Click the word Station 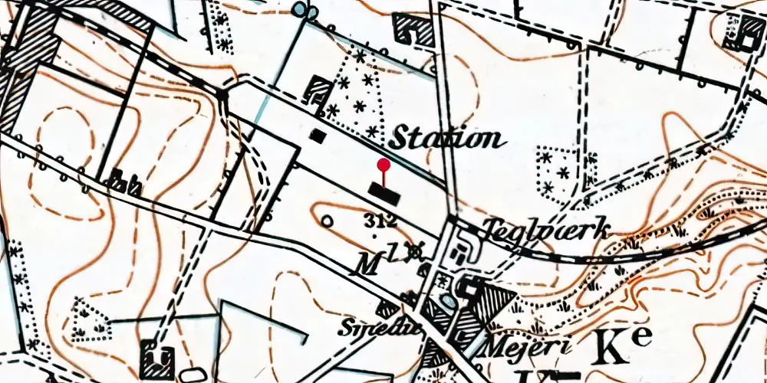click(447, 139)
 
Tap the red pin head click(384, 164)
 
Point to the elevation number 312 click(381, 221)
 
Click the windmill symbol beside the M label click(416, 250)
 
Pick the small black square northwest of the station click(318, 135)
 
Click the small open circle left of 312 click(328, 222)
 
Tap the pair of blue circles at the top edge click(304, 9)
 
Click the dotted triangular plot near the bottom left click(91, 319)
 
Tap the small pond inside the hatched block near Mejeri click(466, 289)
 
